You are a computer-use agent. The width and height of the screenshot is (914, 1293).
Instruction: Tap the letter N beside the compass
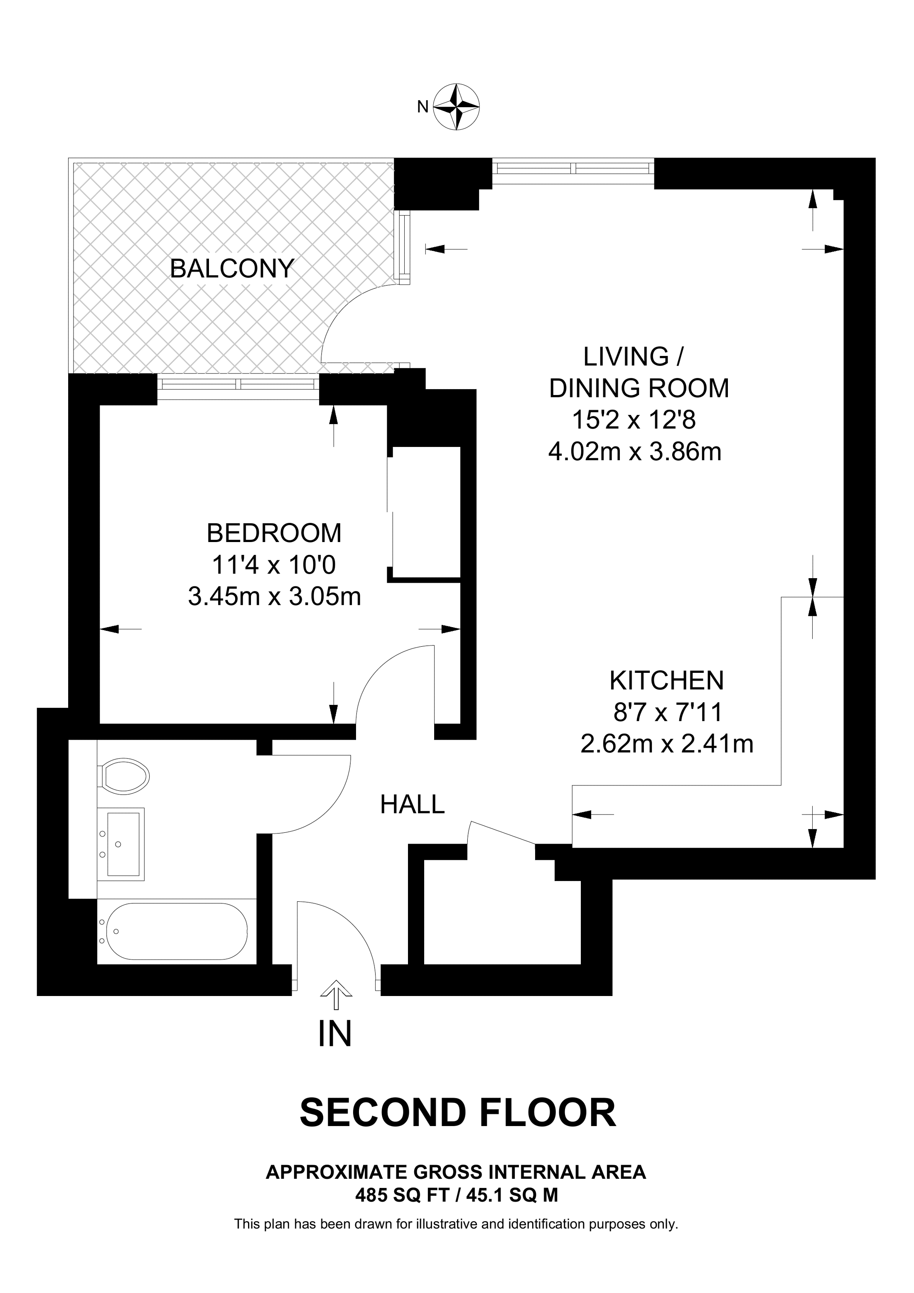pyautogui.click(x=423, y=106)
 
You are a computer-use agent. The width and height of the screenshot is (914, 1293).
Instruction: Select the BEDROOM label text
pyautogui.click(x=274, y=533)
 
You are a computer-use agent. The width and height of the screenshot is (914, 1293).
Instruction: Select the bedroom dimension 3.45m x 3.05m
pyautogui.click(x=274, y=597)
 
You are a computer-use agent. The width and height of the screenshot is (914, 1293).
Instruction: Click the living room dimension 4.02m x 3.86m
pyautogui.click(x=635, y=451)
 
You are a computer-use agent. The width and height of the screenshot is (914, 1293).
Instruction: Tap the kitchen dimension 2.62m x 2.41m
pyautogui.click(x=667, y=744)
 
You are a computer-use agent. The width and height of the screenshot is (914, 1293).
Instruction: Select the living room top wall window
pyautogui.click(x=573, y=168)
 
